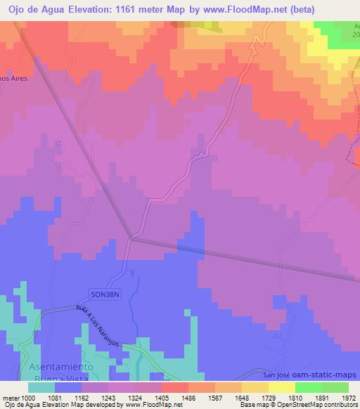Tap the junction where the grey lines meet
click(131, 238)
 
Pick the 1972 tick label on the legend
click(348, 398)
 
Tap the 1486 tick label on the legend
click(189, 398)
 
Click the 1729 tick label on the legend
click(269, 398)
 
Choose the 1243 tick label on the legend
click(110, 398)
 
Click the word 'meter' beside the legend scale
click(11, 398)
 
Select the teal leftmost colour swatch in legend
click(41, 387)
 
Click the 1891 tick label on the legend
click(321, 398)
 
